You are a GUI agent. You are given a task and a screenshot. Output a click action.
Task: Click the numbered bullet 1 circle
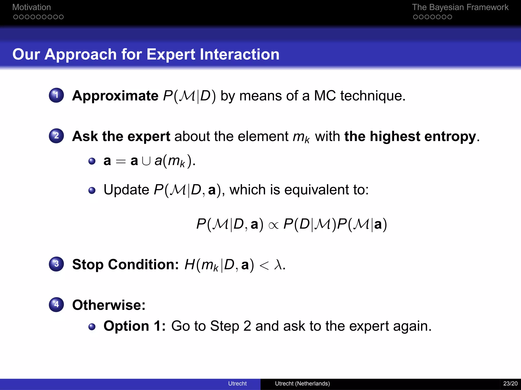tap(56, 95)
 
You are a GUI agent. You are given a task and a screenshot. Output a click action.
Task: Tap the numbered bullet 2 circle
tap(56, 136)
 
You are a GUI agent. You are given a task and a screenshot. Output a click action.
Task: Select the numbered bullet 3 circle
tap(56, 264)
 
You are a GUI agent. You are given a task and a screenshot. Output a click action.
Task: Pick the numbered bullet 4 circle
tap(56, 304)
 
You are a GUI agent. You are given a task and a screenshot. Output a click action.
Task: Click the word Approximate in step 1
tap(115, 96)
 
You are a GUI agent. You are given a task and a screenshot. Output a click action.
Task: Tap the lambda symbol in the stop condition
tap(278, 265)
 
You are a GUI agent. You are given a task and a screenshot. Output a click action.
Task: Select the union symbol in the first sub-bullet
tap(146, 161)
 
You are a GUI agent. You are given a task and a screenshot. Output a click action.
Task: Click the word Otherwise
tap(109, 305)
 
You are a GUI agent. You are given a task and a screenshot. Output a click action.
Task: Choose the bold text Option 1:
tap(134, 326)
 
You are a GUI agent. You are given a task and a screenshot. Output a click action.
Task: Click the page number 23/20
tap(510, 383)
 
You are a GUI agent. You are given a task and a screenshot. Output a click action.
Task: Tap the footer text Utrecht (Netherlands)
tap(302, 383)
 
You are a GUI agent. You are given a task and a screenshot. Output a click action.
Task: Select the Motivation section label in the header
tap(32, 7)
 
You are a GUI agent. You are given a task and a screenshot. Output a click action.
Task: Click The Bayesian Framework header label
tap(460, 7)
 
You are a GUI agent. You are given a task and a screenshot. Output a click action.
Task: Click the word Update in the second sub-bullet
tap(126, 190)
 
